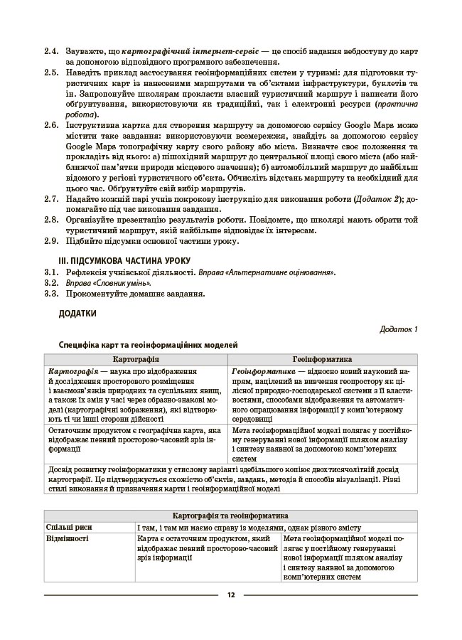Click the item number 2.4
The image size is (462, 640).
[50, 52]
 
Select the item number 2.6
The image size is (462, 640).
[50, 124]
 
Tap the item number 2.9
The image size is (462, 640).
[50, 241]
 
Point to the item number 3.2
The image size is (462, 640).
[50, 282]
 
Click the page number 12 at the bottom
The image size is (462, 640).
[230, 595]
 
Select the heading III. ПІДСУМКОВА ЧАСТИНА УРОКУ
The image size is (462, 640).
[124, 260]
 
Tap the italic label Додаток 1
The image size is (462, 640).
[399, 329]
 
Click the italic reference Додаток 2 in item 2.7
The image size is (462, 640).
[381, 199]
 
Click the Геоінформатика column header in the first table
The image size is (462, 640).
[321, 360]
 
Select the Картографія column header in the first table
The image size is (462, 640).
[136, 360]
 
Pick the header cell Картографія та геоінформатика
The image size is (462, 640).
[230, 516]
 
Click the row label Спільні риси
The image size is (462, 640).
[69, 528]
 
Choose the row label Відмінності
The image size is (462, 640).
[68, 540]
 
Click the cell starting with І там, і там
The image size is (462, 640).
[249, 528]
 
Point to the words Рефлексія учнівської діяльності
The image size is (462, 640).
[130, 272]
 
